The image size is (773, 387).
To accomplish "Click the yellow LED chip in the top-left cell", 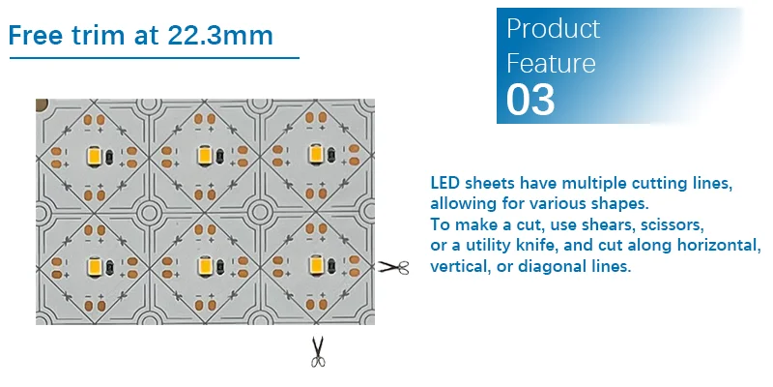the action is click(x=96, y=155).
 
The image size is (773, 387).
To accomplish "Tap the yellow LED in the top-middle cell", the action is click(x=205, y=155).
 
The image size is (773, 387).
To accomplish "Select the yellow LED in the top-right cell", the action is click(x=315, y=155).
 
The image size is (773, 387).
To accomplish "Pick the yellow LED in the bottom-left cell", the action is click(x=96, y=264).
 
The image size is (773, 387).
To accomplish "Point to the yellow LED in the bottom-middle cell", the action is click(x=205, y=264).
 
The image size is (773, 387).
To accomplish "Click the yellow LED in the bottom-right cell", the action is click(x=315, y=264).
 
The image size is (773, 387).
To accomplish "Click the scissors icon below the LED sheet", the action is click(x=318, y=351).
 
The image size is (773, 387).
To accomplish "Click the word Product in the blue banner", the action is click(x=553, y=28).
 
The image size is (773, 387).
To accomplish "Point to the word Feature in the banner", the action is click(x=551, y=64).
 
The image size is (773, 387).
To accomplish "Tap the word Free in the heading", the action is click(x=38, y=35).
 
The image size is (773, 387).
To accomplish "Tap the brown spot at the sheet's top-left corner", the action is click(x=42, y=104).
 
